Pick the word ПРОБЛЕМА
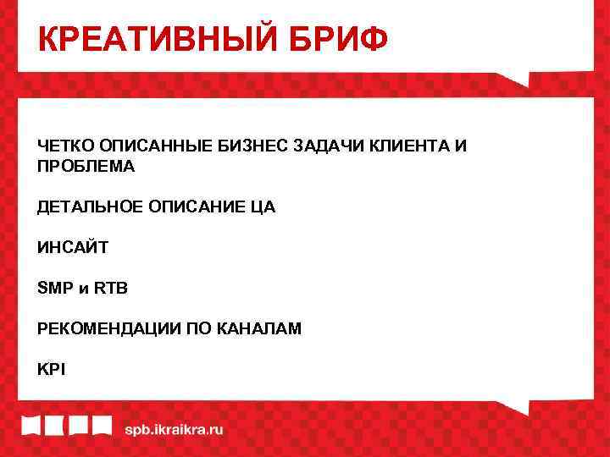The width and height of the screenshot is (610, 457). pyautogui.click(x=86, y=166)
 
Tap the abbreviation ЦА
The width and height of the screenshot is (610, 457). pyautogui.click(x=263, y=206)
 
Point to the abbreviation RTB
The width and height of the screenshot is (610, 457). pyautogui.click(x=110, y=288)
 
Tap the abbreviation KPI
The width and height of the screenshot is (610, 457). pyautogui.click(x=51, y=368)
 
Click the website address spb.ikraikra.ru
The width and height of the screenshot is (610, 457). pyautogui.click(x=174, y=429)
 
